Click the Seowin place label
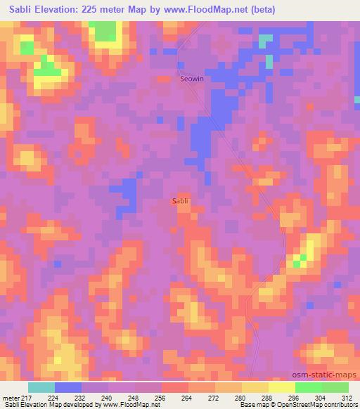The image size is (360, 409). [x=193, y=79]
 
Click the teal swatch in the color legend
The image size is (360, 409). [x=41, y=387]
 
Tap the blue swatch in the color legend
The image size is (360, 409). [x=68, y=387]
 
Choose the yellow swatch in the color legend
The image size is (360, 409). [x=282, y=387]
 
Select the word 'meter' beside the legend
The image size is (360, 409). [x=10, y=397]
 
